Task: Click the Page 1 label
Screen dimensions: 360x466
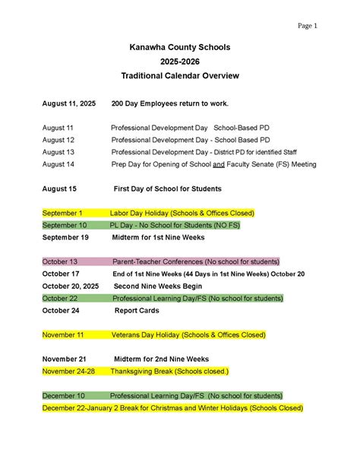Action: [307, 26]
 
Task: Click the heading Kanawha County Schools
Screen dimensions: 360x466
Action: [180, 47]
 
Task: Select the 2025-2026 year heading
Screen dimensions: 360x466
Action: [180, 62]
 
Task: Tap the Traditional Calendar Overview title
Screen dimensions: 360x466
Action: [180, 76]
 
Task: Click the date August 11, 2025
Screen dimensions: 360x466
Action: [69, 103]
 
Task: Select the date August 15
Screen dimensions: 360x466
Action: [59, 188]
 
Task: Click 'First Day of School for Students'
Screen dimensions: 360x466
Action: [167, 188]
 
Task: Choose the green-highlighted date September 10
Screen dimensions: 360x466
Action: [65, 225]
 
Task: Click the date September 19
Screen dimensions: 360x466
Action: [65, 237]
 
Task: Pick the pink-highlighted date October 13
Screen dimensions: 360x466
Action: [60, 262]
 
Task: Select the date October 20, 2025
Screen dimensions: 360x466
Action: [69, 286]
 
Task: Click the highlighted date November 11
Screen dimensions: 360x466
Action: [64, 334]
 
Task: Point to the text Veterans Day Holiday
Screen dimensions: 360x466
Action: [147, 334]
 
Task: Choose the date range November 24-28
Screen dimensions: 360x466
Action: [68, 371]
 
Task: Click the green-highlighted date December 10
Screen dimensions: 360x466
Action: [64, 395]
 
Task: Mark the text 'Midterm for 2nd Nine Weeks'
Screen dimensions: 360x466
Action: [161, 359]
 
